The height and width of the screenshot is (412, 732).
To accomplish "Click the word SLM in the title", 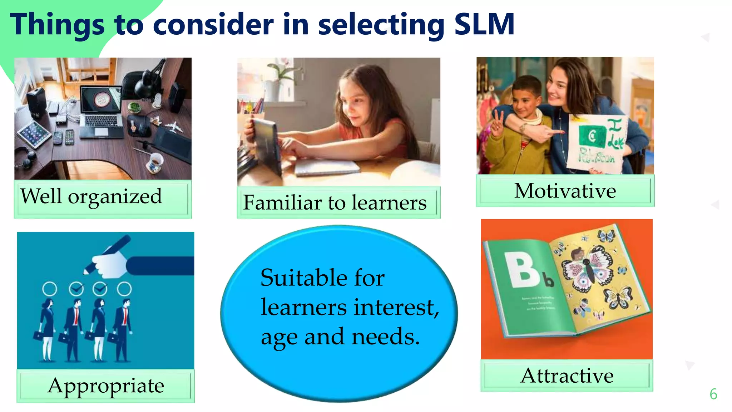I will pyautogui.click(x=484, y=24).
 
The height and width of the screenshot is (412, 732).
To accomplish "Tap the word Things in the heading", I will pyautogui.click(x=57, y=24).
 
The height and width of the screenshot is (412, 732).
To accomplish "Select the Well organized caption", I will pyautogui.click(x=91, y=196).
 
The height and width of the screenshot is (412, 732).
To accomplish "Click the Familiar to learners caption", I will pyautogui.click(x=335, y=203).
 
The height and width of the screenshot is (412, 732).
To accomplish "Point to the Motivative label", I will pyautogui.click(x=565, y=191).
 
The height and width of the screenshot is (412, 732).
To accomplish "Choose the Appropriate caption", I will pyautogui.click(x=106, y=386).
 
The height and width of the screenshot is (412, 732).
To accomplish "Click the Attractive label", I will pyautogui.click(x=567, y=376).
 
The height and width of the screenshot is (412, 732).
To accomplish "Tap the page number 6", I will pyautogui.click(x=713, y=394).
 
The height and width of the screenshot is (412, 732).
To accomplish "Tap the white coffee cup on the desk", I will pyautogui.click(x=156, y=163).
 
